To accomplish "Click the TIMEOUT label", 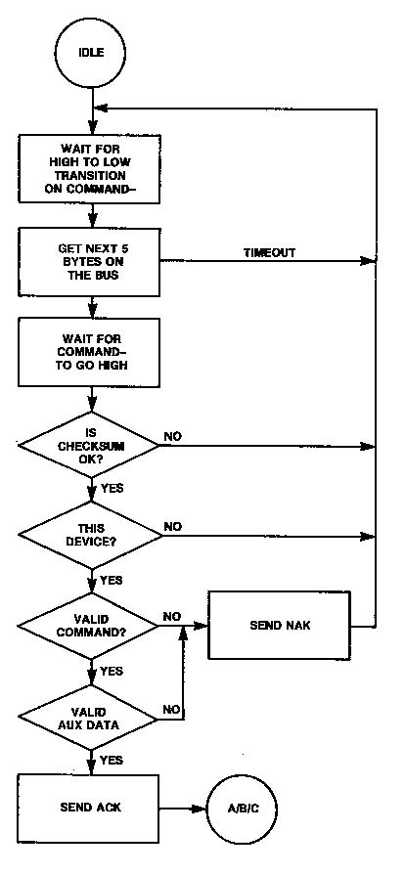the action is tap(269, 252).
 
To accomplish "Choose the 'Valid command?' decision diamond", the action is tap(89, 626).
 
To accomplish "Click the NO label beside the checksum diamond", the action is tap(174, 435).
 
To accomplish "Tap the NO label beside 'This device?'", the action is tap(174, 525).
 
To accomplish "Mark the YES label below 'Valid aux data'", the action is tap(112, 760).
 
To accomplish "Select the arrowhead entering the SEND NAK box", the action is tap(202, 626).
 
